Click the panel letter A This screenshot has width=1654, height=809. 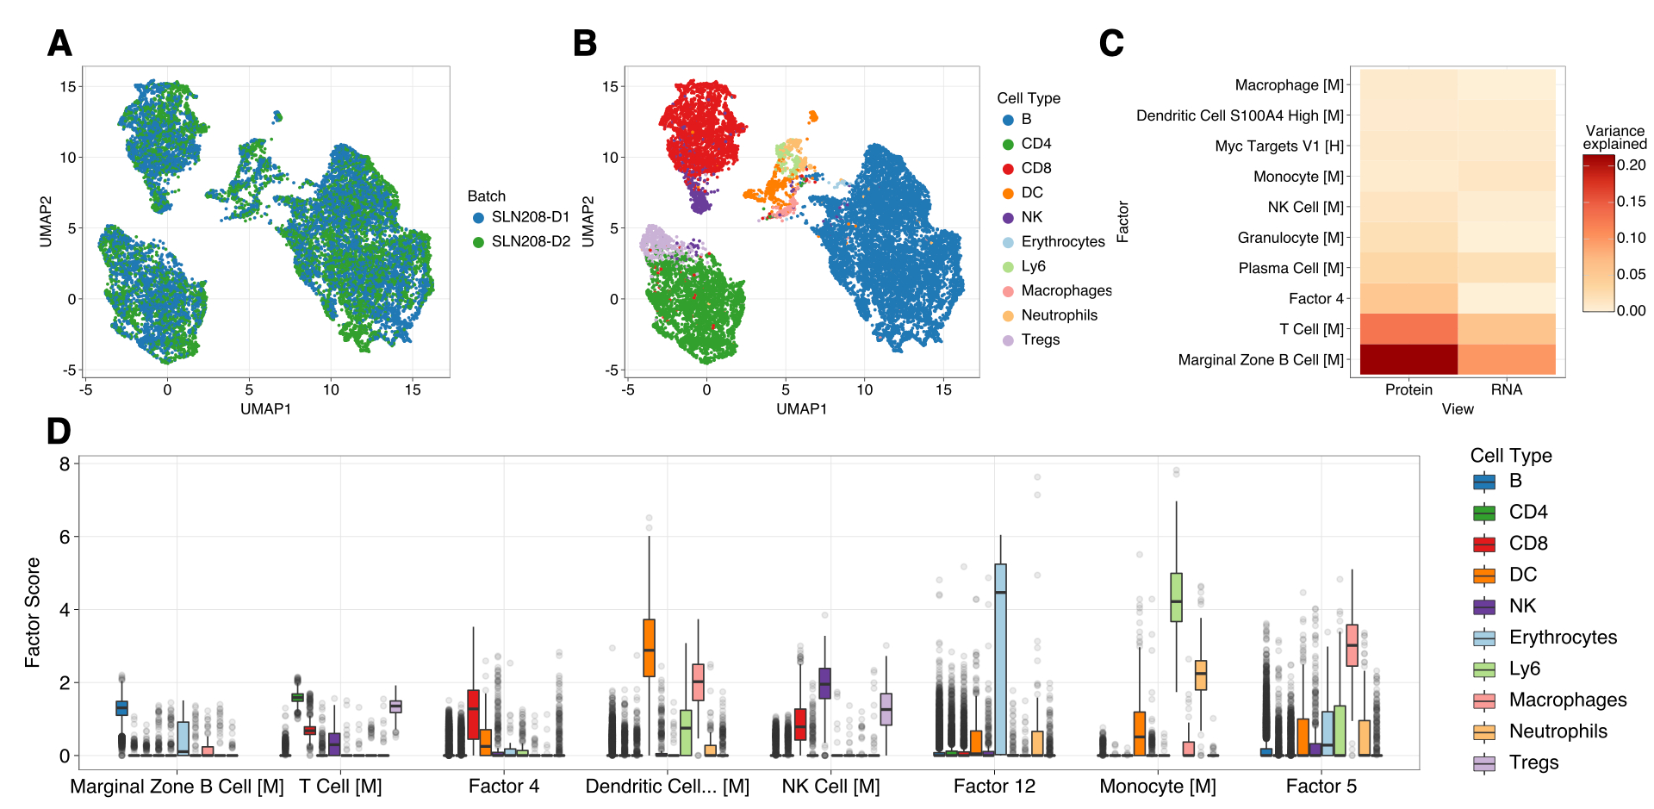[59, 43]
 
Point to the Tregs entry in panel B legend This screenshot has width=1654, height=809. [1040, 340]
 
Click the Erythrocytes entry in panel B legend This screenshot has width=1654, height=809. [1062, 242]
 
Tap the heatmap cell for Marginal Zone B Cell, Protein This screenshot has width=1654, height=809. [1408, 359]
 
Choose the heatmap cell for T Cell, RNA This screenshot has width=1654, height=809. [1507, 329]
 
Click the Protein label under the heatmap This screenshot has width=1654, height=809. [1408, 390]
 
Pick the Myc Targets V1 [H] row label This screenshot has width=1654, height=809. [1279, 146]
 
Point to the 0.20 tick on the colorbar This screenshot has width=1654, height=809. [1631, 165]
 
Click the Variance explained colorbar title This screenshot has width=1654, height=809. [1614, 138]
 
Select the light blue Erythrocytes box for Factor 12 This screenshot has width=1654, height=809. [1000, 659]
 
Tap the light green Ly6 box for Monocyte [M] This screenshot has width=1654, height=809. [1176, 597]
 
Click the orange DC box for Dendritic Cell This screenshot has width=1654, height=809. [649, 647]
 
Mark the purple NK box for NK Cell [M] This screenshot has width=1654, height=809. [824, 683]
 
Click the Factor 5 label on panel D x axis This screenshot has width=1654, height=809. [1321, 787]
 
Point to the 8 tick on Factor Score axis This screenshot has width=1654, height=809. [65, 464]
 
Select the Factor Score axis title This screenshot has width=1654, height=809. [33, 613]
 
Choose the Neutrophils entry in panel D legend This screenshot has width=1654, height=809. [1558, 731]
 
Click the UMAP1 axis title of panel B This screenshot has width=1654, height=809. [801, 409]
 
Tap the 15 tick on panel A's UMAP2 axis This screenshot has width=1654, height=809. [68, 86]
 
